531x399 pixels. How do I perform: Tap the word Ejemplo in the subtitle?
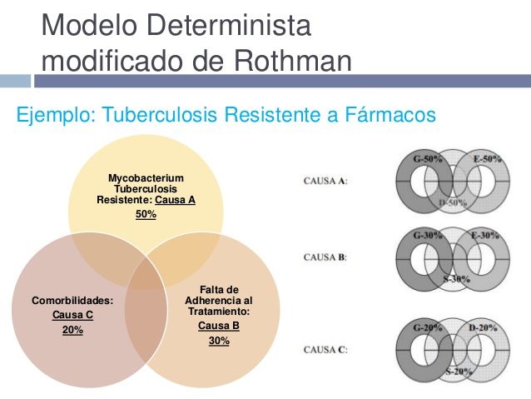(53, 115)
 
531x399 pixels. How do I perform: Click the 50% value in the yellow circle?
(146, 214)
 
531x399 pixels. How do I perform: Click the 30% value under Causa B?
(219, 340)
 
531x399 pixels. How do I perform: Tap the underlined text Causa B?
(219, 325)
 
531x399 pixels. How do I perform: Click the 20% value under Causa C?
(72, 330)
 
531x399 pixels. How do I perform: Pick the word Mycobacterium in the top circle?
(146, 177)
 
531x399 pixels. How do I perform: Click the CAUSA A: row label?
(325, 181)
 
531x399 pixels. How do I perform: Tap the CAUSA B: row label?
(325, 257)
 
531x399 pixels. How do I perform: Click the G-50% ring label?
(428, 158)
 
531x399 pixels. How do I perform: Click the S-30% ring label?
(454, 278)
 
